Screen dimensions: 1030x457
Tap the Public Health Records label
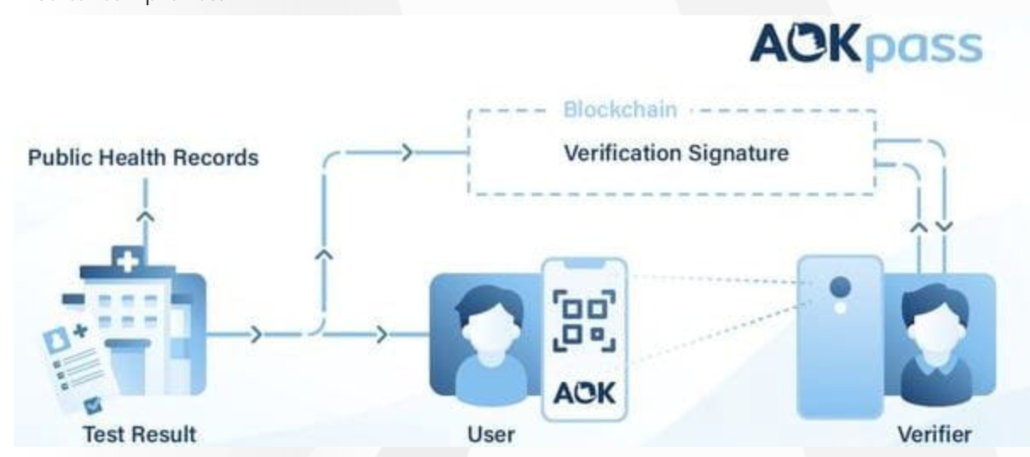(143, 159)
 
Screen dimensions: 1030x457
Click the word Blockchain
(620, 111)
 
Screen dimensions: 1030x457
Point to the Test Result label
(139, 433)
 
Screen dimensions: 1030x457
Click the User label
(491, 433)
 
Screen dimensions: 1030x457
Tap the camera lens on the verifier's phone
(839, 286)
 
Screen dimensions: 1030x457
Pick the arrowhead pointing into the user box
(383, 333)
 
